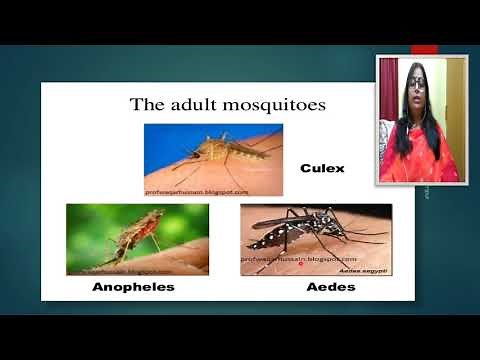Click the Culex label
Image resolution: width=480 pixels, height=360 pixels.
(322, 168)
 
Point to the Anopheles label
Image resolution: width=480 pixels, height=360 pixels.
(128, 287)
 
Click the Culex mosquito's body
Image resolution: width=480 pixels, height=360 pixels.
(215, 152)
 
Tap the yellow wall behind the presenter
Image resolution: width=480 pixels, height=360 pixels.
(456, 95)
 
